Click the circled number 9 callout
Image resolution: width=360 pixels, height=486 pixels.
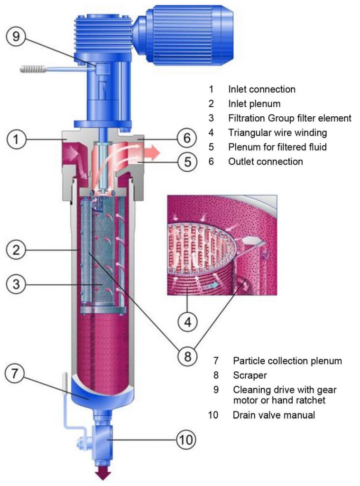point(16,37)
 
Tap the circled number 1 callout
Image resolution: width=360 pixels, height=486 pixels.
point(16,139)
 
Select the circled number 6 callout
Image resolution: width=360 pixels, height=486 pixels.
point(187,138)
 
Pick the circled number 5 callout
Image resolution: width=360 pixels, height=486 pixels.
point(187,162)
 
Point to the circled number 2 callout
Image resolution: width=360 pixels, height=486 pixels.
point(16,250)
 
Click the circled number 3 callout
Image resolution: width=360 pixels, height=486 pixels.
point(16,284)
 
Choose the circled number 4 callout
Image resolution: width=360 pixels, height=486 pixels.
point(188,322)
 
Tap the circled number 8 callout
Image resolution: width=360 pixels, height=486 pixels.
point(187,356)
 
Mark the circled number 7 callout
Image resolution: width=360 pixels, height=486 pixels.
point(15,373)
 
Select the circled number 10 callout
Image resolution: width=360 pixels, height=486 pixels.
point(186,439)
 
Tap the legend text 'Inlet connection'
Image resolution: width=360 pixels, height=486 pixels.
point(262,89)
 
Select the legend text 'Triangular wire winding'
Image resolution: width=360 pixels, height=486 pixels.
point(277,133)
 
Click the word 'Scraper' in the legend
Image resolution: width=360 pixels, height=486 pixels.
point(249,375)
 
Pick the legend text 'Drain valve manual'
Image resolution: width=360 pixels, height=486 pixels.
point(274,415)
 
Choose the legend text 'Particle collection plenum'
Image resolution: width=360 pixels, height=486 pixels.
point(287,361)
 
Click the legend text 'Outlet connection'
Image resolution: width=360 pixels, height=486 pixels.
point(266,161)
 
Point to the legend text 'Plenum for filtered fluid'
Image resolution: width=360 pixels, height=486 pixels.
point(277,147)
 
